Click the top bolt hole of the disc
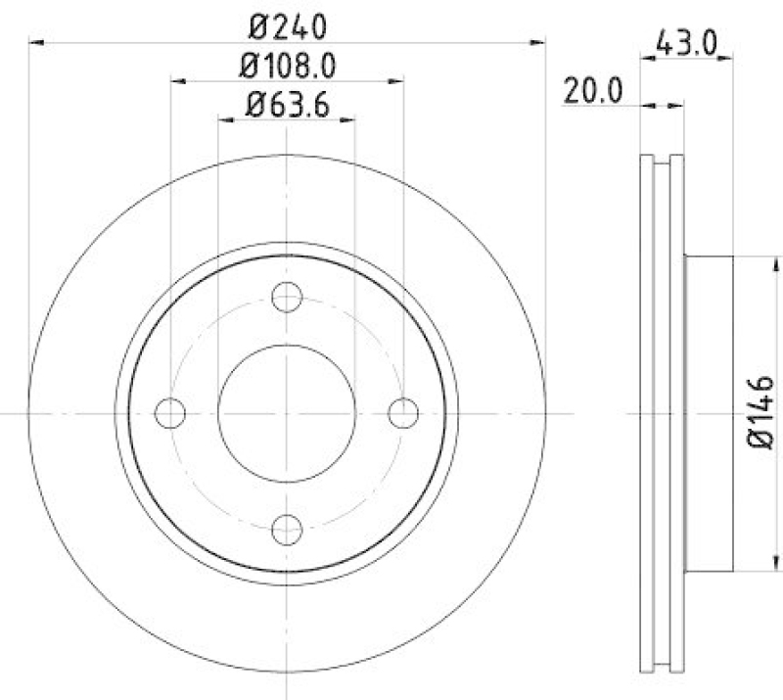[287, 297]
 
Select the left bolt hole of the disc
[170, 413]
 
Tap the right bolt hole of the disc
[402, 413]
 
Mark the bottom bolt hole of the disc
[287, 529]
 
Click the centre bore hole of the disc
[287, 413]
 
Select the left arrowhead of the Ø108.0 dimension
[177, 82]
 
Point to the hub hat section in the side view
[710, 413]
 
